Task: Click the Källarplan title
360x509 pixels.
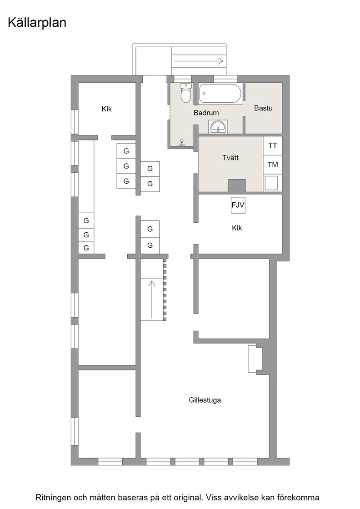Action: (x=37, y=23)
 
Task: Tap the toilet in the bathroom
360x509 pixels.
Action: (x=185, y=93)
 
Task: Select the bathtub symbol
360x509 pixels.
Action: (x=221, y=94)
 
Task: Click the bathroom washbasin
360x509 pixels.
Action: (x=219, y=127)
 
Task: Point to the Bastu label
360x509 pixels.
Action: (x=263, y=108)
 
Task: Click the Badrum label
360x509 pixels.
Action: (x=206, y=113)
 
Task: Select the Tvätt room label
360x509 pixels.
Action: (x=230, y=158)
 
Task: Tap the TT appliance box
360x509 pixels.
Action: (x=273, y=145)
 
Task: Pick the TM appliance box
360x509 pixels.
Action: (x=273, y=165)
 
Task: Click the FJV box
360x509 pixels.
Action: (x=238, y=205)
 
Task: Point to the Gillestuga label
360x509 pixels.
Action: (x=205, y=400)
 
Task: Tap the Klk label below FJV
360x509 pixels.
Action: (x=237, y=228)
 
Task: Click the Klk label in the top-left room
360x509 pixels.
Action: (x=106, y=109)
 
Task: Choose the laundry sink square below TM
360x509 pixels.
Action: (x=271, y=183)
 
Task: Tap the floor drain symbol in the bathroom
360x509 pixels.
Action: (x=182, y=143)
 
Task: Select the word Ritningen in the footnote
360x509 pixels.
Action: (x=53, y=498)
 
